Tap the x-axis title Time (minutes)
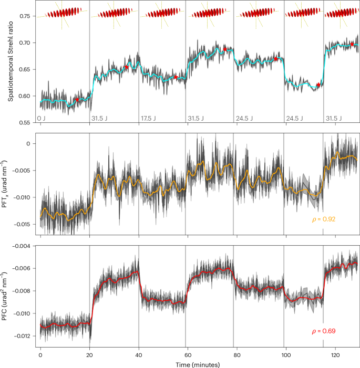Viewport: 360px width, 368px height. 199,363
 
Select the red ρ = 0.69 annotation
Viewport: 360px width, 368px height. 323,331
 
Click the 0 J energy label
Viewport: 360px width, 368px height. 42,119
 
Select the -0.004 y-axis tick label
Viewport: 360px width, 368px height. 23,246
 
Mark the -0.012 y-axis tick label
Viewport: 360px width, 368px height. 23,336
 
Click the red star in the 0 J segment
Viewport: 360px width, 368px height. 77,99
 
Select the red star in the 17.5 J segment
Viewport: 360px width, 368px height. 176,78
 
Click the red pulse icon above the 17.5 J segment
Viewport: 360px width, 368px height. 162,13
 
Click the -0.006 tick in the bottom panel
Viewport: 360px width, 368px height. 23,268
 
